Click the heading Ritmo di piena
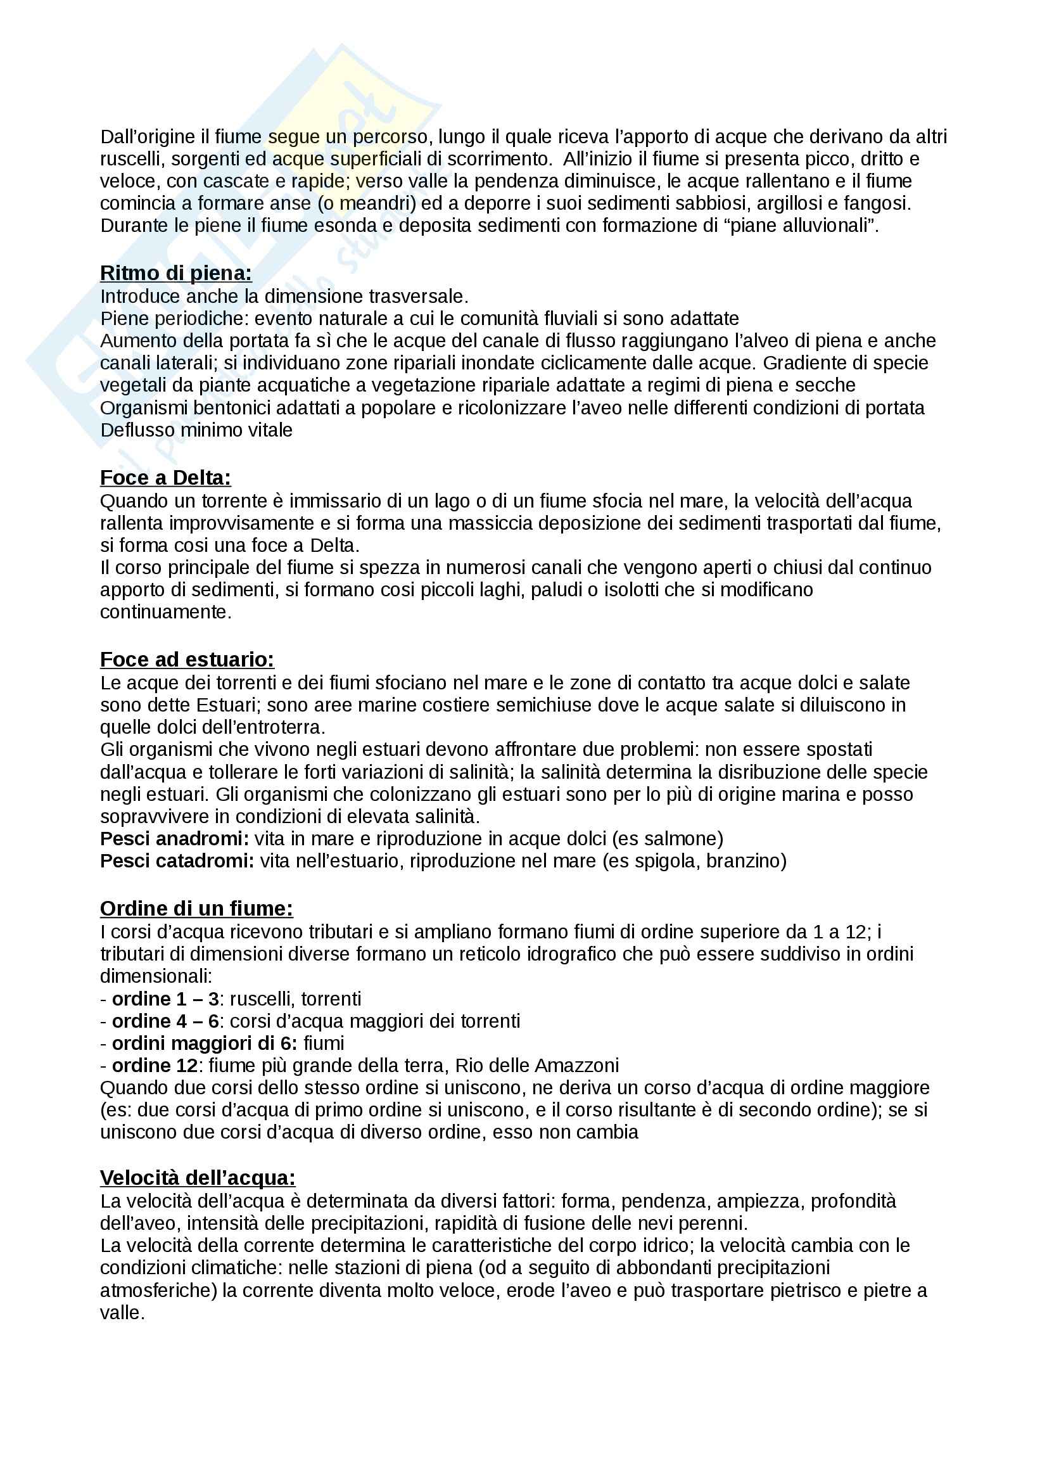click(175, 274)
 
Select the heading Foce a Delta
click(165, 478)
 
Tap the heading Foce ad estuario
click(187, 659)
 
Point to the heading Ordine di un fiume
click(196, 908)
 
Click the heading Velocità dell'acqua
click(198, 1177)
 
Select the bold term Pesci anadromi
click(174, 838)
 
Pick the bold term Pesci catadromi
click(177, 860)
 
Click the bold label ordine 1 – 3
click(165, 999)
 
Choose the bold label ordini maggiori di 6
click(205, 1043)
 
